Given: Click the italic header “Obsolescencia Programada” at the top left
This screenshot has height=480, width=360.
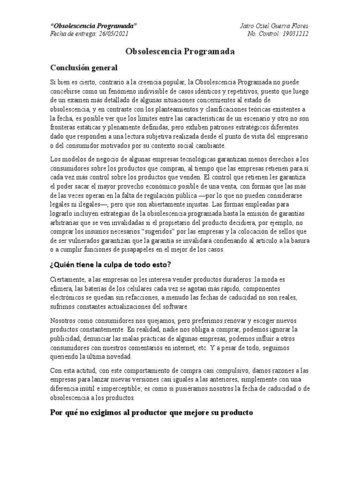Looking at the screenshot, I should [93, 25].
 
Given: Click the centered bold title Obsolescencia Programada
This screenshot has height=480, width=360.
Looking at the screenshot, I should [180, 51].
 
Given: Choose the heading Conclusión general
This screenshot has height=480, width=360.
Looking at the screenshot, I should [84, 68].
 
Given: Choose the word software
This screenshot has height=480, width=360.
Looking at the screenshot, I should [175, 307].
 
